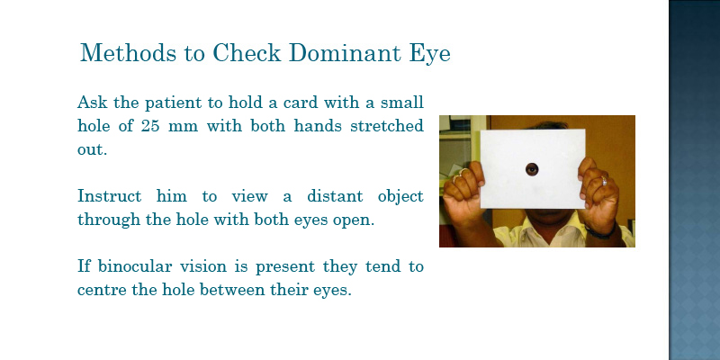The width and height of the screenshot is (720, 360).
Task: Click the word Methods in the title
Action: click(x=128, y=53)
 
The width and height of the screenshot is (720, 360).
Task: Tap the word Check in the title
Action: click(x=246, y=53)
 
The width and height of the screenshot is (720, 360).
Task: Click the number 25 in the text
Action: click(x=150, y=126)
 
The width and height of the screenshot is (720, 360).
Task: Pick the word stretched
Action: click(x=387, y=126)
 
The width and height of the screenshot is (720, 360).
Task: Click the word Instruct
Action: click(x=109, y=196)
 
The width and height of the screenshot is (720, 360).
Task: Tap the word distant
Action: click(x=335, y=196)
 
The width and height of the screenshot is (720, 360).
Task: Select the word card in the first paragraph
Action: click(x=301, y=103)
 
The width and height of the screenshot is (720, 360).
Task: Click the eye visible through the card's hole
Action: click(x=532, y=169)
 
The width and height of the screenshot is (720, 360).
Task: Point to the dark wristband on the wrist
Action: click(x=600, y=233)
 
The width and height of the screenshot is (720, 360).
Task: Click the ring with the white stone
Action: click(x=604, y=181)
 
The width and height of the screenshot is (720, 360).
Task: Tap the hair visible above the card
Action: click(x=546, y=125)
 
